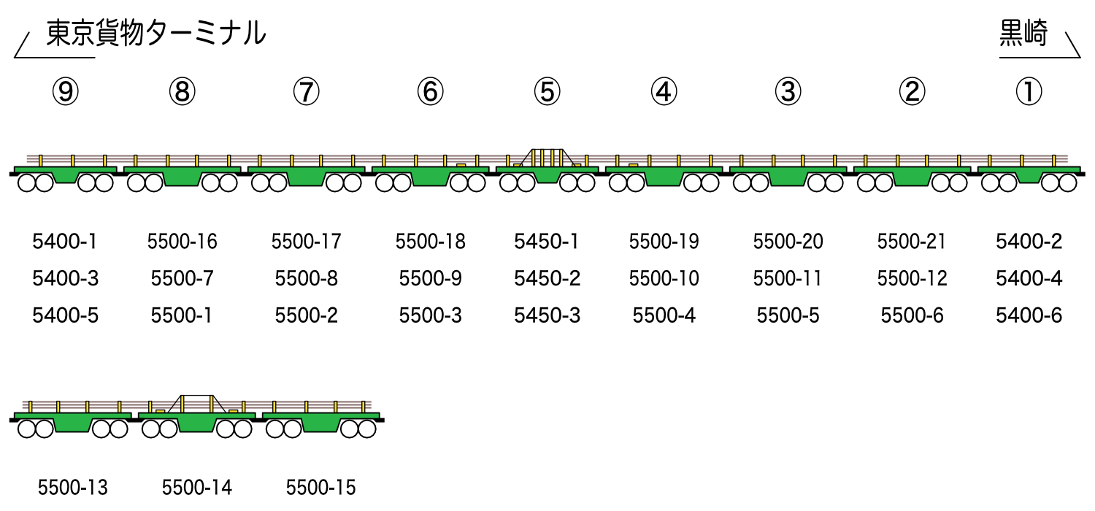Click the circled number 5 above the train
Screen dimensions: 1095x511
pos(547,91)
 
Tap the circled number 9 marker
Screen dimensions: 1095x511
pos(66,91)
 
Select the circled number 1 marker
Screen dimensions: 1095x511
pos(1029,91)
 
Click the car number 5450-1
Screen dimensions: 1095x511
pos(547,242)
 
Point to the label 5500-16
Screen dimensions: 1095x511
pos(182,242)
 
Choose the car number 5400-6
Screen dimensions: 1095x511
pos(1029,315)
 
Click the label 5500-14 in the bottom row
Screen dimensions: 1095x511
pos(197,488)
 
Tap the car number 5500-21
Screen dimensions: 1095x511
pos(912,242)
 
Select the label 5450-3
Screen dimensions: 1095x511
pos(547,315)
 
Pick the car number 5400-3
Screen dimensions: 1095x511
pos(66,278)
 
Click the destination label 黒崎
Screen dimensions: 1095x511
pos(1023,34)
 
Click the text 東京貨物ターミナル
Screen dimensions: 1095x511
pos(156,34)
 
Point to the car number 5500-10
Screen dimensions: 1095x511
pos(664,278)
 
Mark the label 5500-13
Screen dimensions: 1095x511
pos(73,488)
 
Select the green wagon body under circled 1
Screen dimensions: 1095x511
pos(1029,173)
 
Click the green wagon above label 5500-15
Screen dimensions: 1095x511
pos(321,421)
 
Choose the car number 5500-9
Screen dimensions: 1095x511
pos(430,278)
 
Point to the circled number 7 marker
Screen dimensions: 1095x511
pos(307,91)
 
